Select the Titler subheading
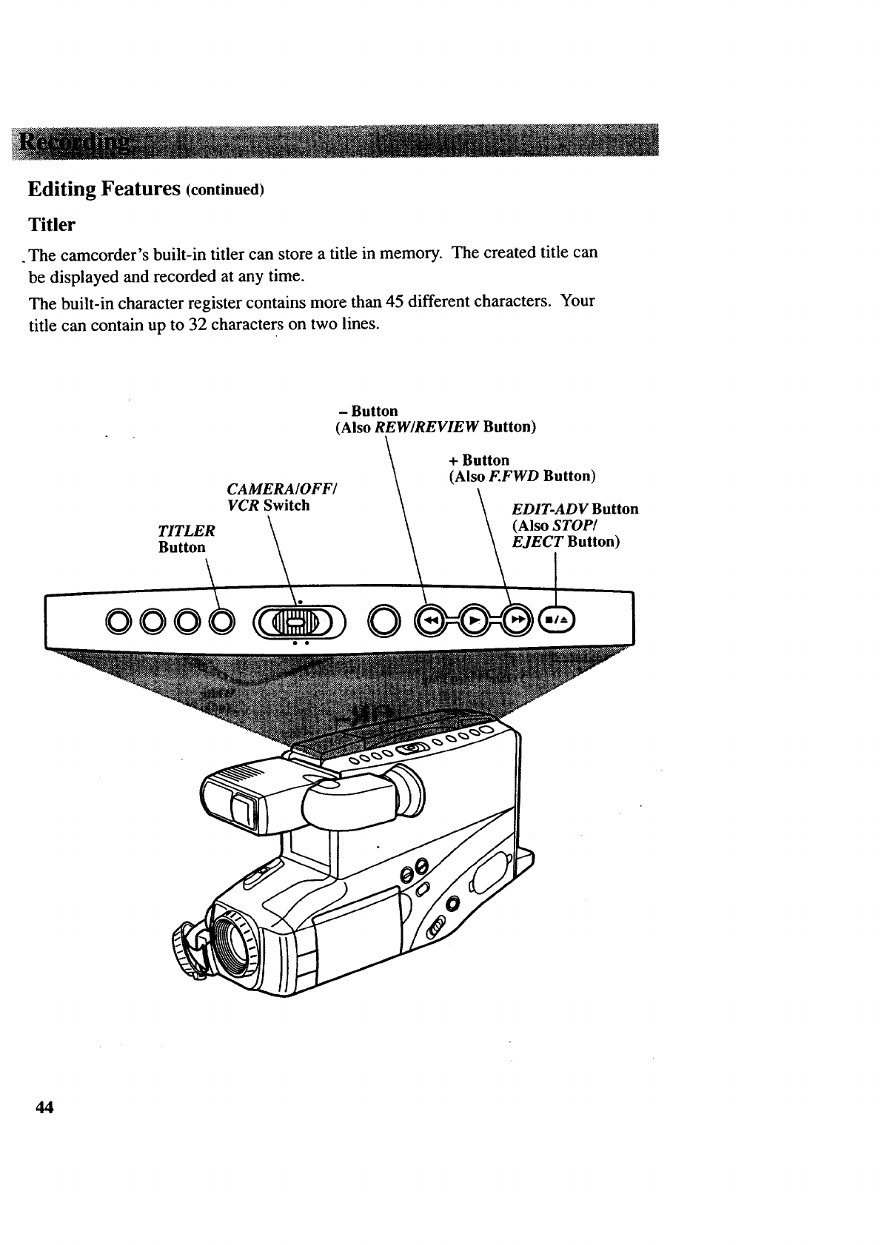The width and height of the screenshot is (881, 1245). (x=52, y=224)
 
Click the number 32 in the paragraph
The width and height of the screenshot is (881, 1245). (x=196, y=326)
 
